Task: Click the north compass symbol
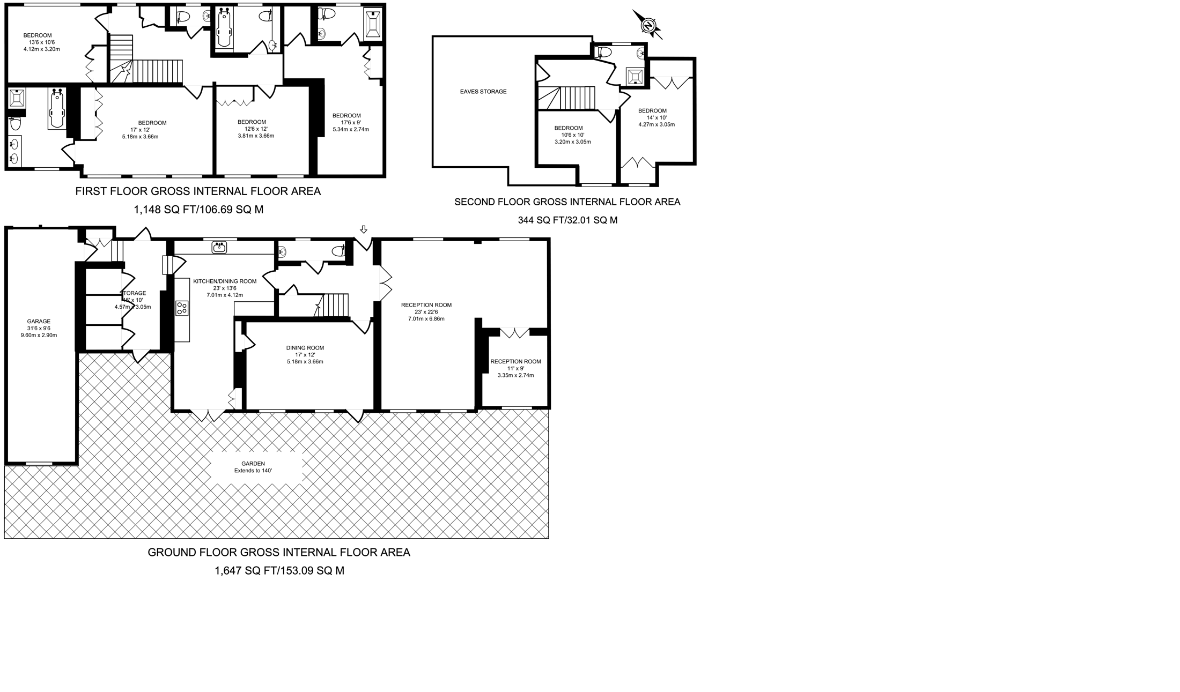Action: tap(648, 25)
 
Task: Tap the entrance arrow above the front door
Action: tap(364, 229)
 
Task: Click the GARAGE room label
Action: tap(39, 322)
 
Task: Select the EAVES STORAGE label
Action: tap(483, 92)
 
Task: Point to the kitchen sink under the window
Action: tap(219, 248)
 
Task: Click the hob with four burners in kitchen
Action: tap(182, 308)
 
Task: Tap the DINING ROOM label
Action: tap(305, 348)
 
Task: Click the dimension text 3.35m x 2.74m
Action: tap(515, 375)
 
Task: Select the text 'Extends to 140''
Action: tap(253, 471)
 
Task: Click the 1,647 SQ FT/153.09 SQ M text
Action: tap(279, 571)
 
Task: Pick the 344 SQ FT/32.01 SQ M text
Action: tap(567, 220)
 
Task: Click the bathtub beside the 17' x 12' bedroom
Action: tap(56, 109)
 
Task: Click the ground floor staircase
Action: tap(332, 305)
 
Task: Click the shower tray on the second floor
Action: tap(635, 76)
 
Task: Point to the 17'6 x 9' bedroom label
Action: tap(346, 116)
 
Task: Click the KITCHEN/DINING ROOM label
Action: tap(225, 281)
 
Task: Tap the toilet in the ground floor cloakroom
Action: tap(338, 250)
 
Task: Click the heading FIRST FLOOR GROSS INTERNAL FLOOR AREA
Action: tap(198, 191)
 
